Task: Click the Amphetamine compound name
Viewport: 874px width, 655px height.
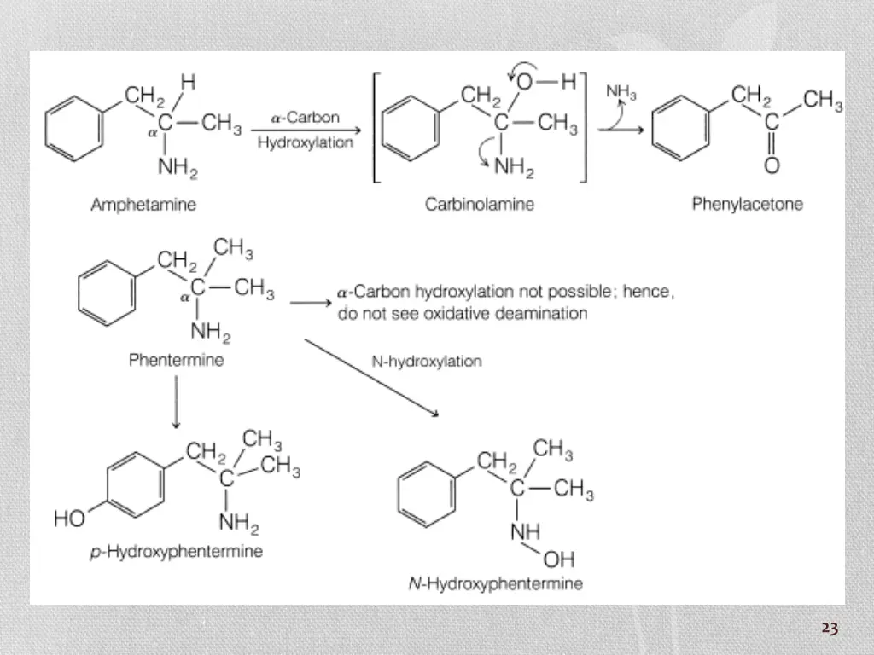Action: click(x=143, y=205)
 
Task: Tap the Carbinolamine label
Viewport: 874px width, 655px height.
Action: click(x=480, y=205)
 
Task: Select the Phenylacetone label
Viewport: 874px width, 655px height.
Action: click(x=747, y=205)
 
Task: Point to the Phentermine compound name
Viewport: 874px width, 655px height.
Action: click(x=176, y=360)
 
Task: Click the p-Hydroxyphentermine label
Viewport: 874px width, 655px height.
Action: click(x=176, y=551)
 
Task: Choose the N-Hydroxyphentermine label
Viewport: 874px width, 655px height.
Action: click(x=495, y=584)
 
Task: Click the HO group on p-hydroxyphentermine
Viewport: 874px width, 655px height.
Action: click(x=70, y=519)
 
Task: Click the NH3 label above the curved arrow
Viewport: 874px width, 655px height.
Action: click(x=621, y=91)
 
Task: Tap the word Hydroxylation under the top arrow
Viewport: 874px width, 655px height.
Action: click(x=305, y=142)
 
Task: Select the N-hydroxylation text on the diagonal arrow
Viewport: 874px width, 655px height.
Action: click(x=427, y=361)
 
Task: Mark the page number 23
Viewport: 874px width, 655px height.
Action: click(x=830, y=629)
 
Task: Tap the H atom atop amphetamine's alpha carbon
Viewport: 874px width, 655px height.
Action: click(x=187, y=81)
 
